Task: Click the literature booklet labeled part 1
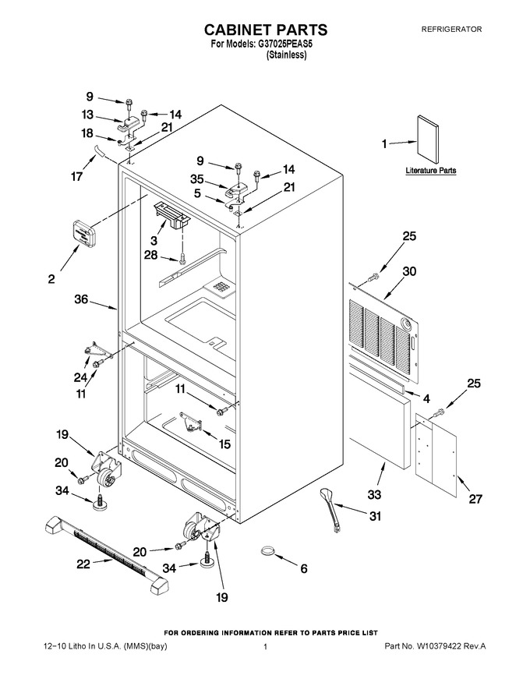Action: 427,141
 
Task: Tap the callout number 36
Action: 81,299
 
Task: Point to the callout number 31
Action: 375,516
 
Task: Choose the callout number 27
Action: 475,499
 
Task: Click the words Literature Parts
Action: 431,171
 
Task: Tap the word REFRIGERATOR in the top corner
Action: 451,30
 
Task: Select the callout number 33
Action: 374,495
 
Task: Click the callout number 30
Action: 409,271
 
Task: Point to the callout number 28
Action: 151,255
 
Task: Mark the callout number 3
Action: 154,240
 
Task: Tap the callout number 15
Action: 224,444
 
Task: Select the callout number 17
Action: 77,177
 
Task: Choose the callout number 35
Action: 197,179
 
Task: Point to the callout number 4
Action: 426,398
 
